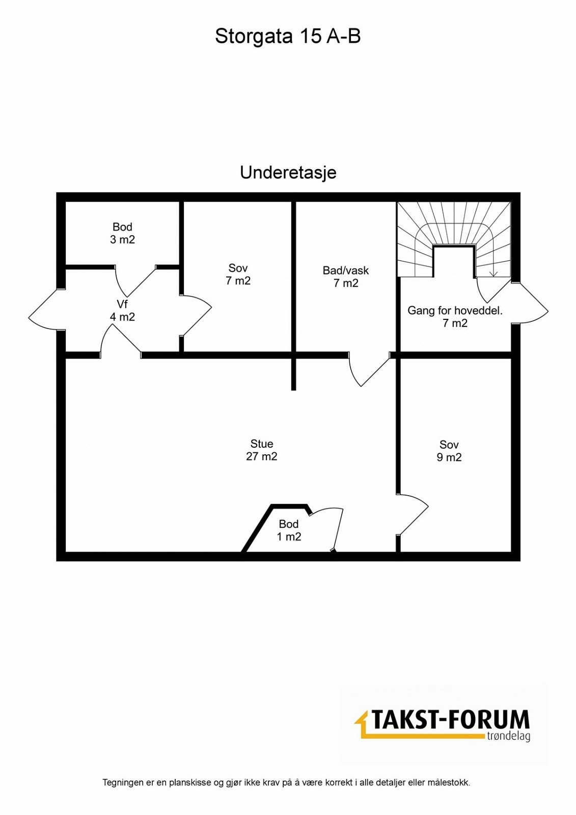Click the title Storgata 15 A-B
click(x=288, y=37)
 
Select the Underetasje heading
click(x=288, y=173)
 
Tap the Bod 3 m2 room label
click(x=122, y=233)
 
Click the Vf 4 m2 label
click(x=122, y=310)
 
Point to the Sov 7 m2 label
click(x=238, y=275)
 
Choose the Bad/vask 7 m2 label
click(x=346, y=277)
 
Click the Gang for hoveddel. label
click(x=455, y=311)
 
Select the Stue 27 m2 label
click(x=262, y=450)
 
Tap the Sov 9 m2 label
click(x=449, y=450)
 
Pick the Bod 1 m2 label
click(x=289, y=530)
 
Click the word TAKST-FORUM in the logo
click(x=450, y=719)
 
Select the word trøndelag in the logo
click(x=508, y=737)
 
